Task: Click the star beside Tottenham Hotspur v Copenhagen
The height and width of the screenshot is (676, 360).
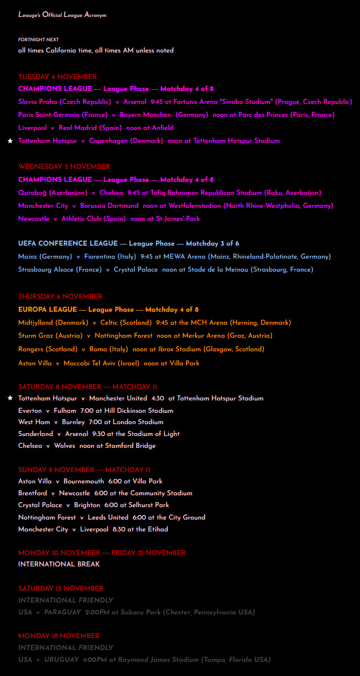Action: [10, 141]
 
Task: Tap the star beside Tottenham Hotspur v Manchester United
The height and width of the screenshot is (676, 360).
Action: [10, 398]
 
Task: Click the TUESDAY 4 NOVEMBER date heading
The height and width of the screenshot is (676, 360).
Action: [57, 77]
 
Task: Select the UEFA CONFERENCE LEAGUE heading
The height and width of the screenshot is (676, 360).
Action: [67, 243]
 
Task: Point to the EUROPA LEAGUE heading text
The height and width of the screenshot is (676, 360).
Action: [47, 309]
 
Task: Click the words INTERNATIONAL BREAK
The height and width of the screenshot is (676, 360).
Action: [59, 564]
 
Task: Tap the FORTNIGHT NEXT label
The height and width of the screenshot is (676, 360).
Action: [38, 40]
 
